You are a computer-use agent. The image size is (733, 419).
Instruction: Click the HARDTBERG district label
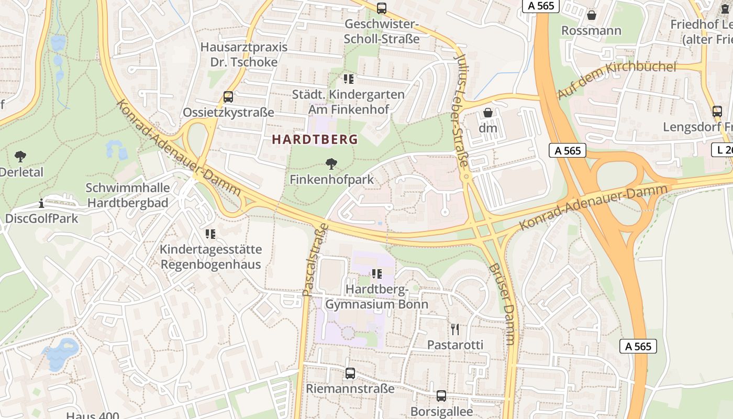click(315, 139)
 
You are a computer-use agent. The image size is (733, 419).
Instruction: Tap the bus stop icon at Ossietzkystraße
click(228, 97)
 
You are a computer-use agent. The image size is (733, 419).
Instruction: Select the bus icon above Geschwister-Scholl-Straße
click(382, 8)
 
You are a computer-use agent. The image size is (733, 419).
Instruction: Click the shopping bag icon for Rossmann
click(591, 15)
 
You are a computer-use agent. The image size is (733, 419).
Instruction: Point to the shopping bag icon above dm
click(488, 113)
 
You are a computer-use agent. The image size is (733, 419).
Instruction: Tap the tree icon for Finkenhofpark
click(331, 164)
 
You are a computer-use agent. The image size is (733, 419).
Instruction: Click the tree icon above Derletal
click(20, 156)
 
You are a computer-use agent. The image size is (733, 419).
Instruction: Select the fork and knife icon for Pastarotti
click(455, 329)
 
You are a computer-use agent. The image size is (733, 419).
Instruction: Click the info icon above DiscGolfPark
click(41, 203)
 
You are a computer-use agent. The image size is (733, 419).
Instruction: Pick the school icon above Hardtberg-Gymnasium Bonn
click(376, 274)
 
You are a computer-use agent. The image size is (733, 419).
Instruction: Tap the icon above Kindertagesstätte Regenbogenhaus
click(210, 234)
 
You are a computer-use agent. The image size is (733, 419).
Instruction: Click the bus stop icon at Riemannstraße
click(350, 373)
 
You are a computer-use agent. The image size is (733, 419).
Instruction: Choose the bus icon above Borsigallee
click(441, 396)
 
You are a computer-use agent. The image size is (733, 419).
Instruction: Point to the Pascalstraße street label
click(315, 259)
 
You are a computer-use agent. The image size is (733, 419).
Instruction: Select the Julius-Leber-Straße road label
click(460, 110)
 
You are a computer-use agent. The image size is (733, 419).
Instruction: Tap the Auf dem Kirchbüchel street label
click(617, 80)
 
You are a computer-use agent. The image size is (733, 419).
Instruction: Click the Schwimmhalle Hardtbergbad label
click(128, 195)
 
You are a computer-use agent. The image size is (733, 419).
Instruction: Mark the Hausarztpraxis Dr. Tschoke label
click(244, 54)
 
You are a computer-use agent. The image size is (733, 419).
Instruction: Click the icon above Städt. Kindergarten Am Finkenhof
click(348, 79)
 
